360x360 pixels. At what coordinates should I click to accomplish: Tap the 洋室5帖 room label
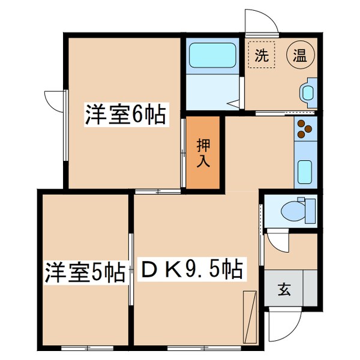point(84,272)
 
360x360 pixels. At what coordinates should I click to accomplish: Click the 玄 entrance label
point(283,289)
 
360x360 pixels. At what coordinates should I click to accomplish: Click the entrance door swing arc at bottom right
point(282,327)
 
